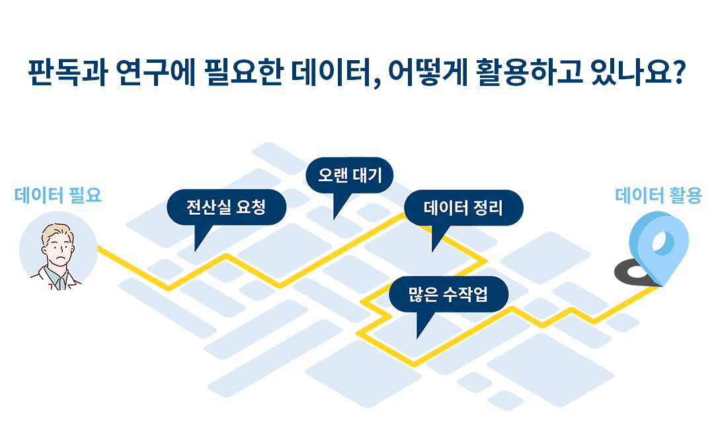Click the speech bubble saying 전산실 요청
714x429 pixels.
226,207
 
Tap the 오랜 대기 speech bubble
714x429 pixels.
349,175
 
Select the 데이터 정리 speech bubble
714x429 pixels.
463,208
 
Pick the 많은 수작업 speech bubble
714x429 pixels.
448,294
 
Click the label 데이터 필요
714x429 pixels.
58,195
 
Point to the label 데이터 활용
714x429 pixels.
658,196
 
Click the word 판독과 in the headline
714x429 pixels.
68,73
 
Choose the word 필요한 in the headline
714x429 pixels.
243,73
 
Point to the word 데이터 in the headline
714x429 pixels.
331,73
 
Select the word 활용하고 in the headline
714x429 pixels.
530,73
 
